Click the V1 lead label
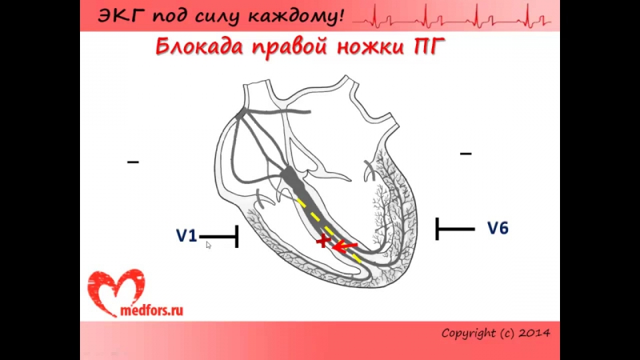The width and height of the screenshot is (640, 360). tap(186, 235)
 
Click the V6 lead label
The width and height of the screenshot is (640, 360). tap(498, 228)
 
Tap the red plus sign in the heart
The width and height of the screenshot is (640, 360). tap(323, 242)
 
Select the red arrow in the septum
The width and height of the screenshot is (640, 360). tap(345, 246)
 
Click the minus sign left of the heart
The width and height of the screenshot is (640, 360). tap(133, 162)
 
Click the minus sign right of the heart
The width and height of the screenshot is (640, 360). tap(466, 153)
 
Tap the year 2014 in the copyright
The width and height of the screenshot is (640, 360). tap(534, 332)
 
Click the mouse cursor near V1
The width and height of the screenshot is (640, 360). tap(208, 245)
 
